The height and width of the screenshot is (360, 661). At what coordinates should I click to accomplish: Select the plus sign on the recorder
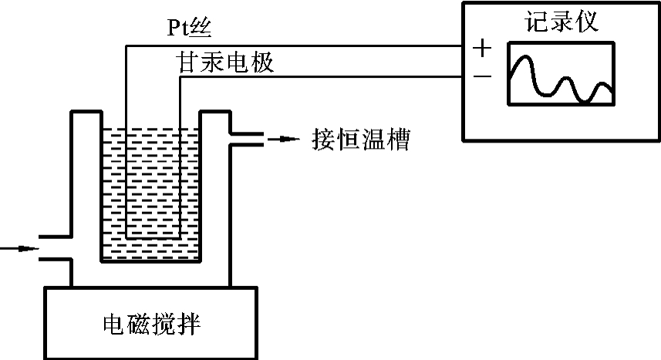click(482, 49)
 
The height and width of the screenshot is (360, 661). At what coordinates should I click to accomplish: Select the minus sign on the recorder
click(482, 76)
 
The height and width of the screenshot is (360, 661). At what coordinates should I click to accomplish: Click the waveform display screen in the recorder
click(561, 75)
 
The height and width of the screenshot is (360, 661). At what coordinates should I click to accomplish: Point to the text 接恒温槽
click(359, 140)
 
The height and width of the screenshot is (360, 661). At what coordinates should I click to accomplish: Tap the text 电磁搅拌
click(152, 324)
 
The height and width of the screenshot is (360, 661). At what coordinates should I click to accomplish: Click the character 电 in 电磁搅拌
click(115, 324)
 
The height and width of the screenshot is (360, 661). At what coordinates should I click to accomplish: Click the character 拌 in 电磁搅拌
click(189, 324)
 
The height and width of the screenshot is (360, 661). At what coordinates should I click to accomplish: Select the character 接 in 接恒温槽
click(323, 140)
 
